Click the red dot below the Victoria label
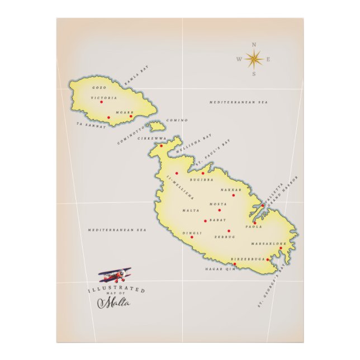101,102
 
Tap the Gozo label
99,88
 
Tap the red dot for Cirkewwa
162,146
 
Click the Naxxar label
231,190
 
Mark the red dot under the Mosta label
220,210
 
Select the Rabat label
217,220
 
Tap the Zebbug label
223,237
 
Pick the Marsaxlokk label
268,244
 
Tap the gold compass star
254,58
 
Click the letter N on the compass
254,44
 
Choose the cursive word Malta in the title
113,303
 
